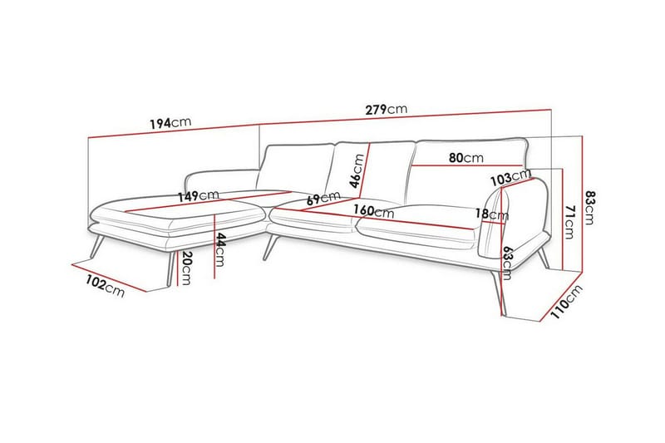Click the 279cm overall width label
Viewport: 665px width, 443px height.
pyautogui.click(x=387, y=109)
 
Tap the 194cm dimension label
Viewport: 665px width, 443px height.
pyautogui.click(x=170, y=122)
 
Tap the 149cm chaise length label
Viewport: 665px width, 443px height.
pyautogui.click(x=198, y=196)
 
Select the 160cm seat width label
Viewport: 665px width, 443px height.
pyautogui.click(x=374, y=211)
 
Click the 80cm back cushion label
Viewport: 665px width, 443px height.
pyautogui.click(x=465, y=157)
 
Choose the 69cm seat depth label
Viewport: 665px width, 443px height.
pyautogui.click(x=323, y=199)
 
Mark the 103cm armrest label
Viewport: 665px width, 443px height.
pyautogui.click(x=510, y=177)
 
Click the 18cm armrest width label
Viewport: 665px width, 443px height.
pyautogui.click(x=492, y=214)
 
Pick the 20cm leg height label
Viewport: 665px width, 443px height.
pyautogui.click(x=187, y=267)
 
